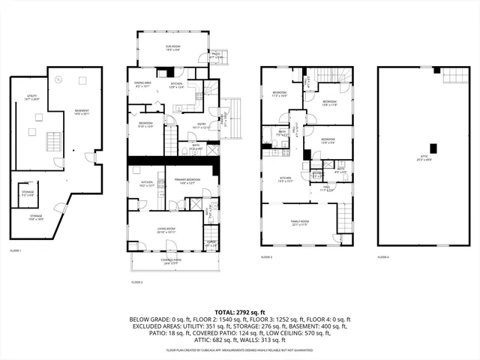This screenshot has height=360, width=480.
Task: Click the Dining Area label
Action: pyautogui.click(x=142, y=84)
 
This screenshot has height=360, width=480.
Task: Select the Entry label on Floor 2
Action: pyautogui.click(x=202, y=126)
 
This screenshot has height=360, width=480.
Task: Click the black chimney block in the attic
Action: pyautogui.click(x=431, y=148)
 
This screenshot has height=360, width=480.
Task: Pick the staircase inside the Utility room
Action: pyautogui.click(x=53, y=141)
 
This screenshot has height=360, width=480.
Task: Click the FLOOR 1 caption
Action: pyautogui.click(x=16, y=250)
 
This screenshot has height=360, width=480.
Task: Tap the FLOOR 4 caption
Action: pyautogui.click(x=383, y=256)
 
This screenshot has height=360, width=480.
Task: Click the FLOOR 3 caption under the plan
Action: pyautogui.click(x=266, y=256)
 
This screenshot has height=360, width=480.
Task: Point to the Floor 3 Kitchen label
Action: pyautogui.click(x=285, y=179)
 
